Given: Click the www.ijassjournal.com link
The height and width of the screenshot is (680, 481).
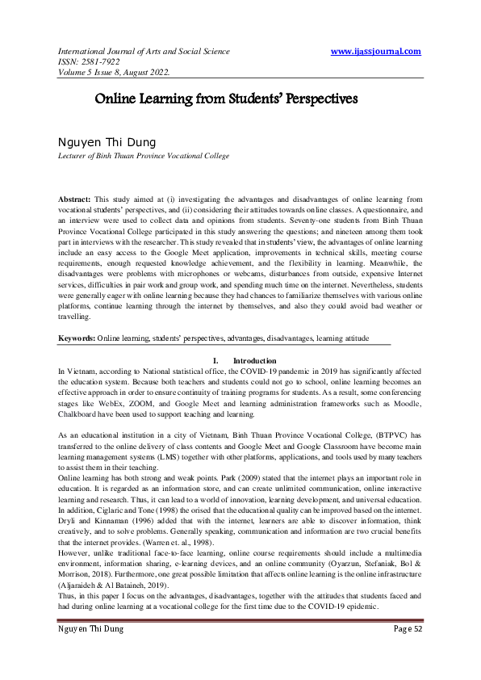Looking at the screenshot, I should (x=376, y=52).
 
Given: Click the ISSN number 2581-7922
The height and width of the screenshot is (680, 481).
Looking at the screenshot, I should (x=102, y=62).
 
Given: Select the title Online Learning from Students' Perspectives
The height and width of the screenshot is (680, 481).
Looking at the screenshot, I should (x=226, y=101).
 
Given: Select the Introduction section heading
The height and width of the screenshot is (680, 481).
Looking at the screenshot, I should (x=254, y=360).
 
